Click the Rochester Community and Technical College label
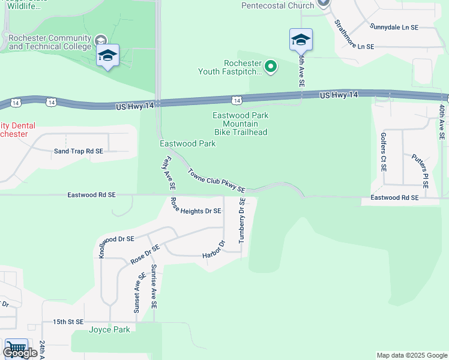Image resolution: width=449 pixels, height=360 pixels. coord(50,42)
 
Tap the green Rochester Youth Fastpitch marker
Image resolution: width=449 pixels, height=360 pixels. coord(271,67)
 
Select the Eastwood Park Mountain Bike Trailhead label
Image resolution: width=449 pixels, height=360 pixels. coord(240,124)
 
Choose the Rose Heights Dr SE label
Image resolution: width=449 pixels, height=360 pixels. coord(196,207)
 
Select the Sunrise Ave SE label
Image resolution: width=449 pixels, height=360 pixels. coord(154,286)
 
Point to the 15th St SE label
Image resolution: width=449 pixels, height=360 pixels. coord(67,322)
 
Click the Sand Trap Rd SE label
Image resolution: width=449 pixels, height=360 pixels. coord(79,152)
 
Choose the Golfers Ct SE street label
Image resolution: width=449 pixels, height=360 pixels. coord(383,151)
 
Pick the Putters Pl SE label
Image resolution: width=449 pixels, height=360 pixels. coord(420,170)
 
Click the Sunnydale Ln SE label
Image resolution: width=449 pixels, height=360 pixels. coord(394,28)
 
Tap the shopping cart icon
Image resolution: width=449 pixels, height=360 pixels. coord(16,347)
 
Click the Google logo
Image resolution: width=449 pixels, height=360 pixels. coord(20,353)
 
